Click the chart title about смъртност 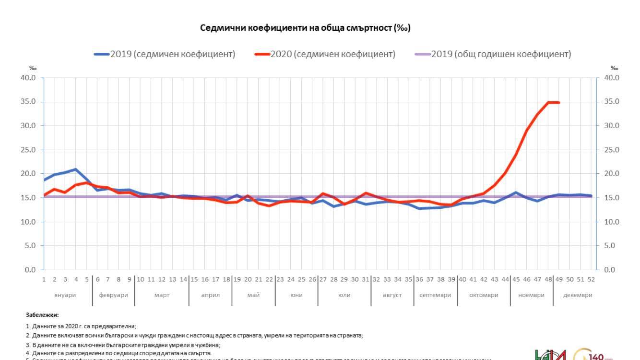(x=305, y=28)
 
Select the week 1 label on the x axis (x=44, y=279)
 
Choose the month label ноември (x=531, y=295)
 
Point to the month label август (x=392, y=295)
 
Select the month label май (x=253, y=295)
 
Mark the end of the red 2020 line (x=558, y=102)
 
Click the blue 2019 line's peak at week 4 (x=75, y=169)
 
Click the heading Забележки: (x=42, y=315)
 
